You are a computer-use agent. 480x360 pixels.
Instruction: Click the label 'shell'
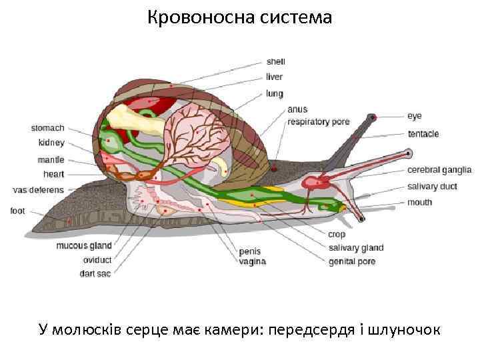(275, 61)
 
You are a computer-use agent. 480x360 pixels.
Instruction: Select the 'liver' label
(274, 77)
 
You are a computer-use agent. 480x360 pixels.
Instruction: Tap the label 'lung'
(274, 94)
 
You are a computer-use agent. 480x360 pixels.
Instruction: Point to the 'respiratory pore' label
(318, 122)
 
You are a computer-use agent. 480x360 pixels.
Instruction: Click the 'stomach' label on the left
(48, 127)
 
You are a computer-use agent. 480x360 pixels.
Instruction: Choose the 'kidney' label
(51, 143)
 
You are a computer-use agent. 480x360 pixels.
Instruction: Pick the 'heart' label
(53, 174)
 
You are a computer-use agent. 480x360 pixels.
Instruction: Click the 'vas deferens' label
(39, 190)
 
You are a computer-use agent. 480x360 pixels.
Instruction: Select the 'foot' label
(18, 211)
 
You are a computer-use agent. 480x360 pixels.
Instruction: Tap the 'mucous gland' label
(84, 245)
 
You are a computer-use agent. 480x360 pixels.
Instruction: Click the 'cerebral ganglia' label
(439, 170)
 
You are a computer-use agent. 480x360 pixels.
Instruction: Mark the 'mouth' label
(419, 202)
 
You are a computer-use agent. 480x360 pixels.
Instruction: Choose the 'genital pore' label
(352, 261)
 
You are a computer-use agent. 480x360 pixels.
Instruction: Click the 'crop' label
(336, 234)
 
